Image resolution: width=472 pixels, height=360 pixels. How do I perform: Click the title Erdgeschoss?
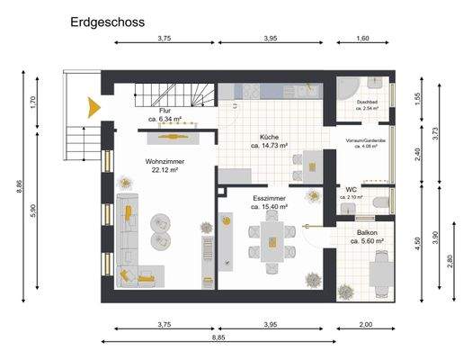point(106,21)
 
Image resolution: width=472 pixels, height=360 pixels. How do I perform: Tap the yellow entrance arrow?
point(92,106)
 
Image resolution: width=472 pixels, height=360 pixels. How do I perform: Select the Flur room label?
point(165,110)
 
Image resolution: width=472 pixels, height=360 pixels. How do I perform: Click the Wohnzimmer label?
point(163,160)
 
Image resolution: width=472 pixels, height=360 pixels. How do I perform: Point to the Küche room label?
point(269,137)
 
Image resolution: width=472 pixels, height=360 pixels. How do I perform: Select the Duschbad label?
point(366,103)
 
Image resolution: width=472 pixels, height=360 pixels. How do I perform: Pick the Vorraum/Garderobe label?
point(365,141)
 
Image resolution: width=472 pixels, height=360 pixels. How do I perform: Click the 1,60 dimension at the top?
point(363,39)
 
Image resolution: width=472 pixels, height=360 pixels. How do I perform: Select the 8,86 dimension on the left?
point(18,186)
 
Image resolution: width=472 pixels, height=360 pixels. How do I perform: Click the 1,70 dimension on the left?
point(32,103)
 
